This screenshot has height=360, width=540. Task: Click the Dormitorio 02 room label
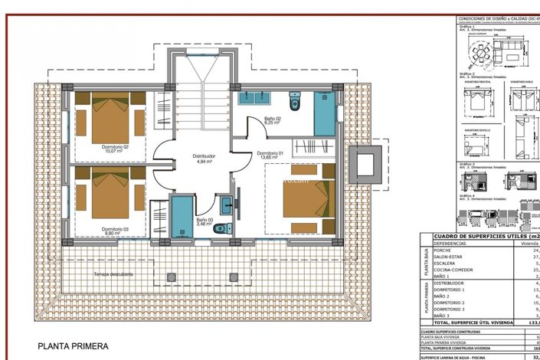point(116,149)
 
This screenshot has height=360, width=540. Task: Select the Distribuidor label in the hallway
point(205,159)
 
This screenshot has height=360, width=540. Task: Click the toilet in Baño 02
point(295,102)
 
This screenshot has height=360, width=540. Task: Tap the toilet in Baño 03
point(220,227)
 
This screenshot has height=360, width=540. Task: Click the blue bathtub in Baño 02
point(325,113)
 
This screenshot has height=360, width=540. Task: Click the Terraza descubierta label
point(113,273)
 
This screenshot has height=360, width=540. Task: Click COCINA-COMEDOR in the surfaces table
point(453,270)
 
